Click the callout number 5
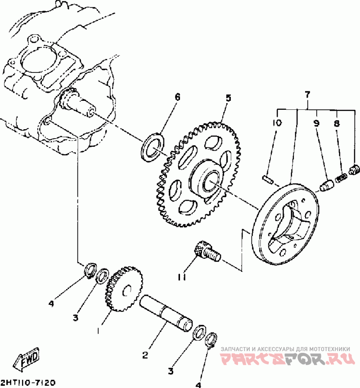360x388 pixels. coord(228,98)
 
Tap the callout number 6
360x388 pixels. coord(177,97)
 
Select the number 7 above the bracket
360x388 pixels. coord(307,95)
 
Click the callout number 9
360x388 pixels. coord(317,122)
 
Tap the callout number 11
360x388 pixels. coord(181,277)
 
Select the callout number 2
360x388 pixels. coord(145,356)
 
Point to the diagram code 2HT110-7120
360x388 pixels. coord(28,383)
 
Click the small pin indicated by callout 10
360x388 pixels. coord(268,178)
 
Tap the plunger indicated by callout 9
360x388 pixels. coord(325,185)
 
